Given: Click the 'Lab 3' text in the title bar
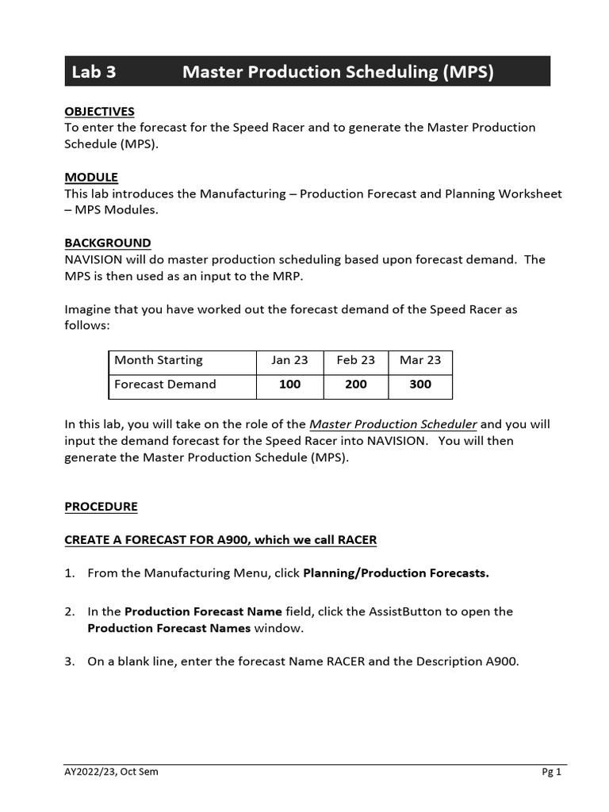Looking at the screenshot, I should [x=94, y=72].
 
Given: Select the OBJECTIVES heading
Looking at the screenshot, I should [x=99, y=111].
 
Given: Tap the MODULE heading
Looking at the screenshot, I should [x=91, y=177].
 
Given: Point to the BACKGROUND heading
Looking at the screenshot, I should [x=107, y=243].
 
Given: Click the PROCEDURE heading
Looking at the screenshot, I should [x=101, y=506].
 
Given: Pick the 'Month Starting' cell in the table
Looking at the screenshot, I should [x=159, y=360].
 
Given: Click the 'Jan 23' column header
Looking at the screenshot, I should [x=289, y=360].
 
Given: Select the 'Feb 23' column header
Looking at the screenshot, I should [x=356, y=360].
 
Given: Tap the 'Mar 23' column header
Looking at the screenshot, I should [x=420, y=360].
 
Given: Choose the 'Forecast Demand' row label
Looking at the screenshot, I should [x=165, y=384].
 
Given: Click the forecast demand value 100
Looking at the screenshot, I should [x=289, y=384].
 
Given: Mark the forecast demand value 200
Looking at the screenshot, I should [x=356, y=384].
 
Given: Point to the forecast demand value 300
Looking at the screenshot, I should [x=420, y=384].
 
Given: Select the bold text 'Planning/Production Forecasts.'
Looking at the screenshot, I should [x=396, y=573].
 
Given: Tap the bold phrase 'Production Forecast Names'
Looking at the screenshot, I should [x=169, y=628].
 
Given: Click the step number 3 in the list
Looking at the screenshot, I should [x=69, y=661].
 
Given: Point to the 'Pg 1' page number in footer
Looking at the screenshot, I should [x=551, y=772].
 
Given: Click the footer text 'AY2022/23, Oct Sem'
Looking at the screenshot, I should [x=111, y=772].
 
